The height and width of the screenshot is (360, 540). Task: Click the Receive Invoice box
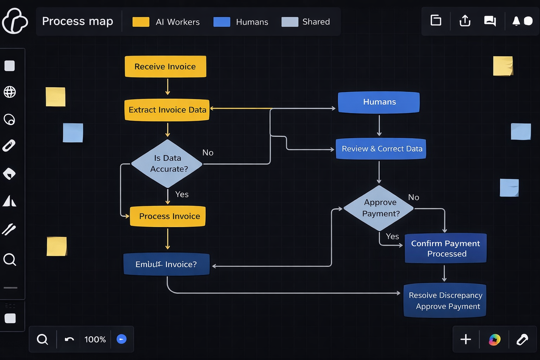165,66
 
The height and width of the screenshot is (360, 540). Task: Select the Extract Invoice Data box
167,110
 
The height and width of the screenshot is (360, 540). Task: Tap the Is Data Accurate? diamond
167,164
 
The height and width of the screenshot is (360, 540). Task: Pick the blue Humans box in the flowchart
379,102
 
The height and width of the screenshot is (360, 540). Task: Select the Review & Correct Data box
381,149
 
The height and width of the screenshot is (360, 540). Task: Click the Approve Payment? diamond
379,208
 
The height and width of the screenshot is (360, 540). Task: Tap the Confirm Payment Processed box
445,248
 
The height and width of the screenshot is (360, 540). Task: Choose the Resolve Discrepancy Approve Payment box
445,301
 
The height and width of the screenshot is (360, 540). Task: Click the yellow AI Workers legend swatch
141,22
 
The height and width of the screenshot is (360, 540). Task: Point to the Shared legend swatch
290,22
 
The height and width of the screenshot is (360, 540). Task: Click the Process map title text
78,21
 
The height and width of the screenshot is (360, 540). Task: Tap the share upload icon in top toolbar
465,21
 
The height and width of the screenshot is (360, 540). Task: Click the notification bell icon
516,21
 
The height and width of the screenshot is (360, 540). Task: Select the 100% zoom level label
95,339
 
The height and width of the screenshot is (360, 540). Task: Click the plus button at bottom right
465,339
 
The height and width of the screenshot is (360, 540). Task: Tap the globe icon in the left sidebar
9,92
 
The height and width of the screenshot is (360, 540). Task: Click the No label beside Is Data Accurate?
208,153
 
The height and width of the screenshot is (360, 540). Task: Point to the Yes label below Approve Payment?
392,236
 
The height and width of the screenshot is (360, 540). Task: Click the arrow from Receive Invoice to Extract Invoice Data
168,87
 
